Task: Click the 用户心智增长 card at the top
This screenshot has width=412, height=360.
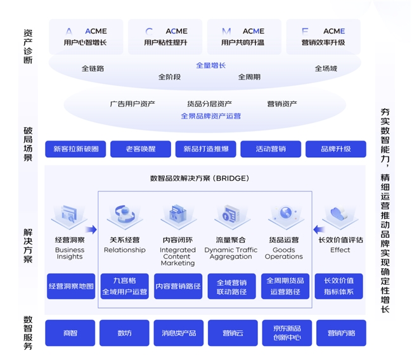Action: tap(86, 36)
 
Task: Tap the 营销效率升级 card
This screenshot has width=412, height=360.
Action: tap(323, 36)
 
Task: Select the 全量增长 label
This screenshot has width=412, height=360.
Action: tap(210, 65)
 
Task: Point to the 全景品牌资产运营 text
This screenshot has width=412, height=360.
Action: tap(210, 116)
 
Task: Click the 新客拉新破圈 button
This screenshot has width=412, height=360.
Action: tap(76, 149)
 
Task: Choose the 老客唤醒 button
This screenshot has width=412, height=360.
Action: tap(140, 149)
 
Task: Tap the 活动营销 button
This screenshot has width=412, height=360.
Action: tap(270, 149)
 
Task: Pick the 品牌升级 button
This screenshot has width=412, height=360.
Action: tap(335, 149)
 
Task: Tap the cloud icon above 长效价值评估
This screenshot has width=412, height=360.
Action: tap(340, 215)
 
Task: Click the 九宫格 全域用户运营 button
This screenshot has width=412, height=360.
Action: tap(124, 286)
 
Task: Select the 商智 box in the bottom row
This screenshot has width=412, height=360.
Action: tap(70, 333)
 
